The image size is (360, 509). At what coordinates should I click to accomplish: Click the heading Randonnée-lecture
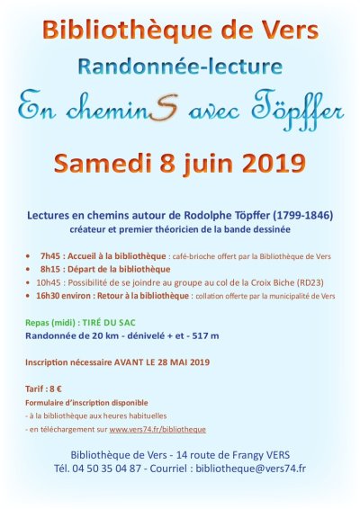click(x=180, y=66)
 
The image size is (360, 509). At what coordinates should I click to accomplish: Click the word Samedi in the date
click(x=106, y=164)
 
